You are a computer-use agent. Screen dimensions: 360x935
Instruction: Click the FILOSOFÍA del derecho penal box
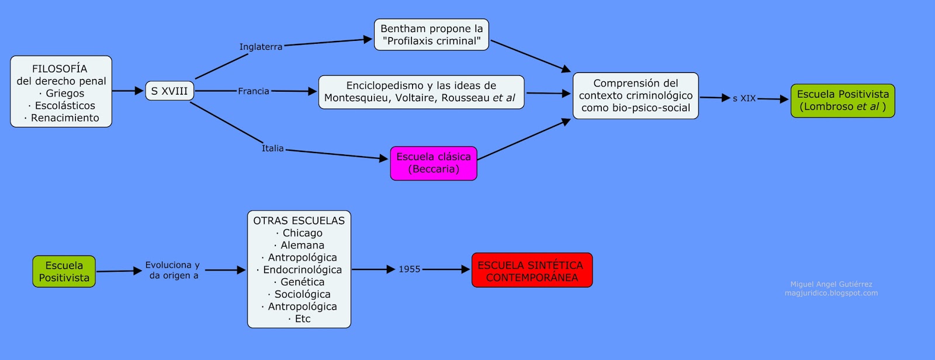click(x=61, y=91)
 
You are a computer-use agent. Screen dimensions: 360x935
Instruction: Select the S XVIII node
click(x=169, y=91)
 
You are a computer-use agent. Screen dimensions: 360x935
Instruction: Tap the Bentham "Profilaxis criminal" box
click(x=431, y=34)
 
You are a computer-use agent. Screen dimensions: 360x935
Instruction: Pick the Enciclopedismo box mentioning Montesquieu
click(x=421, y=92)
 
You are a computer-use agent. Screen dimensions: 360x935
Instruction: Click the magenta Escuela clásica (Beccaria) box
click(x=434, y=163)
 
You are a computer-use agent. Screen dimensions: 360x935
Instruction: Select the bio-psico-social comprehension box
click(x=636, y=95)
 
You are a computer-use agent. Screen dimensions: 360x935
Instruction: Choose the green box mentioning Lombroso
click(x=843, y=101)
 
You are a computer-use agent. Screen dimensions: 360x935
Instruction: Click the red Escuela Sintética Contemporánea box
click(x=532, y=270)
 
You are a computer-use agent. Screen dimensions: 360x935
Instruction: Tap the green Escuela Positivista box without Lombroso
click(x=64, y=271)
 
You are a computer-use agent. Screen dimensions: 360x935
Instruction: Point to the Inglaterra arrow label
click(x=261, y=47)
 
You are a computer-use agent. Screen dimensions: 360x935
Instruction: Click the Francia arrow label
click(x=254, y=91)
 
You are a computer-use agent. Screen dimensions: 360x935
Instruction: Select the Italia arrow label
click(x=272, y=148)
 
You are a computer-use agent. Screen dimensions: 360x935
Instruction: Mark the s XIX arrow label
click(x=744, y=98)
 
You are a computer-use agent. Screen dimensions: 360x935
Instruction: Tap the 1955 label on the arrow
click(x=410, y=269)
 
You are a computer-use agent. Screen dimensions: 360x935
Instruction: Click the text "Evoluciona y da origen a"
click(x=173, y=270)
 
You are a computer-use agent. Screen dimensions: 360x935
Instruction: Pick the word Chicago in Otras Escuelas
click(x=302, y=233)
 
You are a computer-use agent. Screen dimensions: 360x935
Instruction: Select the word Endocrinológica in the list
click(x=302, y=269)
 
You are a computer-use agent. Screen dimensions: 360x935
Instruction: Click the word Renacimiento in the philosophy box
click(x=65, y=117)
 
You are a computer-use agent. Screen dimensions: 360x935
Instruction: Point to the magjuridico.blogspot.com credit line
click(x=831, y=293)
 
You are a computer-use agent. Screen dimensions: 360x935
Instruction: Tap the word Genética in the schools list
click(x=302, y=282)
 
